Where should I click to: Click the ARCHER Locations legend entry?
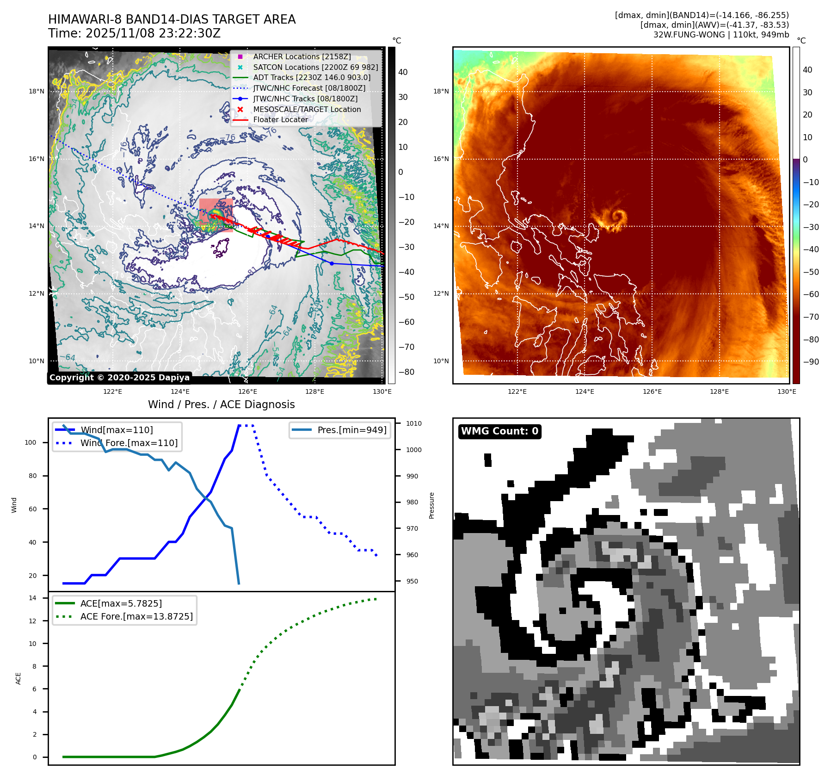point(302,56)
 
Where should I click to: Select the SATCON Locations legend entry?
point(315,67)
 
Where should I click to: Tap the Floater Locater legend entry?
point(280,119)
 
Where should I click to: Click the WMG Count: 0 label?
point(499,431)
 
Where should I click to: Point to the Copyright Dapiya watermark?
point(119,378)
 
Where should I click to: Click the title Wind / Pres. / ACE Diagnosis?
point(221,404)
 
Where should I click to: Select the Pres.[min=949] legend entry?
point(351,430)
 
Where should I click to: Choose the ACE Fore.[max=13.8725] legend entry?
point(136,616)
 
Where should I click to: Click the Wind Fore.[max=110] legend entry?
point(129,443)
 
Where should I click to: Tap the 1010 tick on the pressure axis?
point(413,423)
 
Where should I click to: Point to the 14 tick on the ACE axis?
point(32,598)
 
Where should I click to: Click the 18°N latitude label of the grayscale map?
point(37,92)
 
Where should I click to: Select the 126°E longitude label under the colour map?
point(652,391)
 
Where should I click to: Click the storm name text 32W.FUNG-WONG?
point(689,35)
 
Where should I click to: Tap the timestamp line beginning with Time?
point(134,33)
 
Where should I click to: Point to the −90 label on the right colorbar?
point(811,362)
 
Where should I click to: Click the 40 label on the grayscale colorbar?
point(403,72)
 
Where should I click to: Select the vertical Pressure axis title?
point(431,505)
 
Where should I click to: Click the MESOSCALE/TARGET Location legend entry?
point(307,109)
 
